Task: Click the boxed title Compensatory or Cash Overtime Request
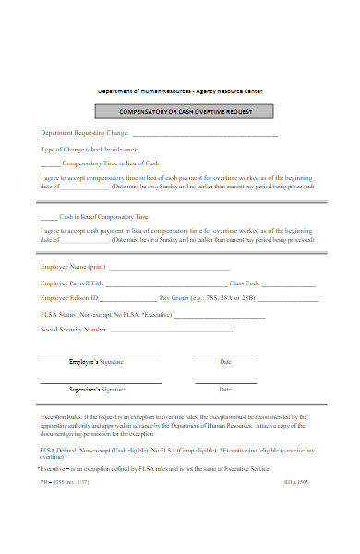tap(179, 112)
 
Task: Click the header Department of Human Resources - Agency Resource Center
tap(179, 91)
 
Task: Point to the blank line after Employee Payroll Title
tap(168, 283)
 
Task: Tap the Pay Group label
tap(175, 298)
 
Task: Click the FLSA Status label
tap(65, 315)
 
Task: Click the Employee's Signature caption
tap(97, 362)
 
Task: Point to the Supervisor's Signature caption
tap(97, 390)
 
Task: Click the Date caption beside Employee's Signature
tap(225, 362)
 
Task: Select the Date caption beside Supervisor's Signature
tap(225, 390)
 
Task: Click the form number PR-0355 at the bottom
tap(53, 482)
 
